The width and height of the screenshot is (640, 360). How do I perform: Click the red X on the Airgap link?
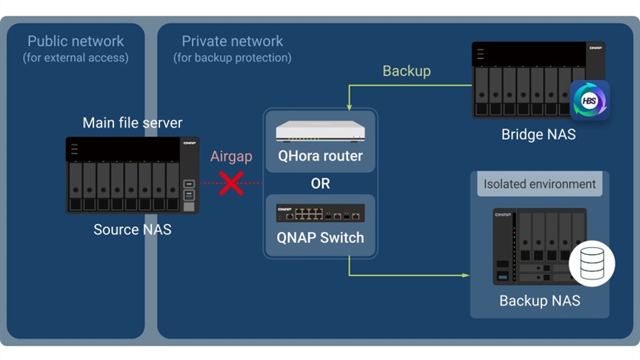pyautogui.click(x=231, y=183)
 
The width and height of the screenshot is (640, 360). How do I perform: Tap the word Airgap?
pyautogui.click(x=231, y=156)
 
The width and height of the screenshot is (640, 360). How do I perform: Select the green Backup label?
pyautogui.click(x=406, y=71)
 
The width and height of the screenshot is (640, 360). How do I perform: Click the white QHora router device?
pyautogui.click(x=320, y=131)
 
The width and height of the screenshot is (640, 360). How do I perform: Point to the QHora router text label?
pyautogui.click(x=320, y=156)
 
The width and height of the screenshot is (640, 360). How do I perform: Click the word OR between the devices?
pyautogui.click(x=320, y=183)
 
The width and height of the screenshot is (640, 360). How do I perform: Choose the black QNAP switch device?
pyautogui.click(x=320, y=213)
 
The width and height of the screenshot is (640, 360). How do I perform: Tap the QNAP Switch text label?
pyautogui.click(x=320, y=238)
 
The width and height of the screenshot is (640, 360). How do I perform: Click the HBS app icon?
pyautogui.click(x=590, y=101)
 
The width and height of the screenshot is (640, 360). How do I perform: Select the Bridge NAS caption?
pyautogui.click(x=538, y=135)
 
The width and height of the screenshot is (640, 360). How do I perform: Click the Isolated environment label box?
pyautogui.click(x=539, y=184)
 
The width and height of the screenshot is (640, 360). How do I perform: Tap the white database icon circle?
pyautogui.click(x=591, y=264)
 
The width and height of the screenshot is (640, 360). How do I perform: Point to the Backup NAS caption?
pyautogui.click(x=539, y=301)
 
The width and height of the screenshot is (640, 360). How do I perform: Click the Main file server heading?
pyautogui.click(x=132, y=123)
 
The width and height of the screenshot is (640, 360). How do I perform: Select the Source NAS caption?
pyautogui.click(x=132, y=230)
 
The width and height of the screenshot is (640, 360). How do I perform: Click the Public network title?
pyautogui.click(x=76, y=41)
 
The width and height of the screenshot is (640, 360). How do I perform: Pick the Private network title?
pyautogui.click(x=233, y=41)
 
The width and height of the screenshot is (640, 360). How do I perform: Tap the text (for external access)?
pyautogui.click(x=76, y=57)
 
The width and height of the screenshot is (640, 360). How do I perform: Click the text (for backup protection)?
pyautogui.click(x=233, y=57)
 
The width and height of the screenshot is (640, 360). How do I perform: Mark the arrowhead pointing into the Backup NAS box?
pyautogui.click(x=466, y=276)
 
